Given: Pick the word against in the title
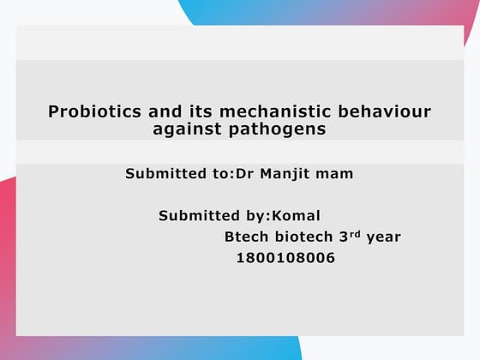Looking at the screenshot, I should point(183,129).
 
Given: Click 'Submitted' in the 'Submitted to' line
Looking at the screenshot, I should point(166,174).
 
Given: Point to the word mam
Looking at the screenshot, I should point(336,174).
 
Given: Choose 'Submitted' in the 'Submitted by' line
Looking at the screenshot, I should point(199,216).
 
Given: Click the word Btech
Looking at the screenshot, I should point(246,237).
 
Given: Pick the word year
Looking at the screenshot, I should point(383,237).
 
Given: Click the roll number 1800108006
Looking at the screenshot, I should point(285,258).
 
